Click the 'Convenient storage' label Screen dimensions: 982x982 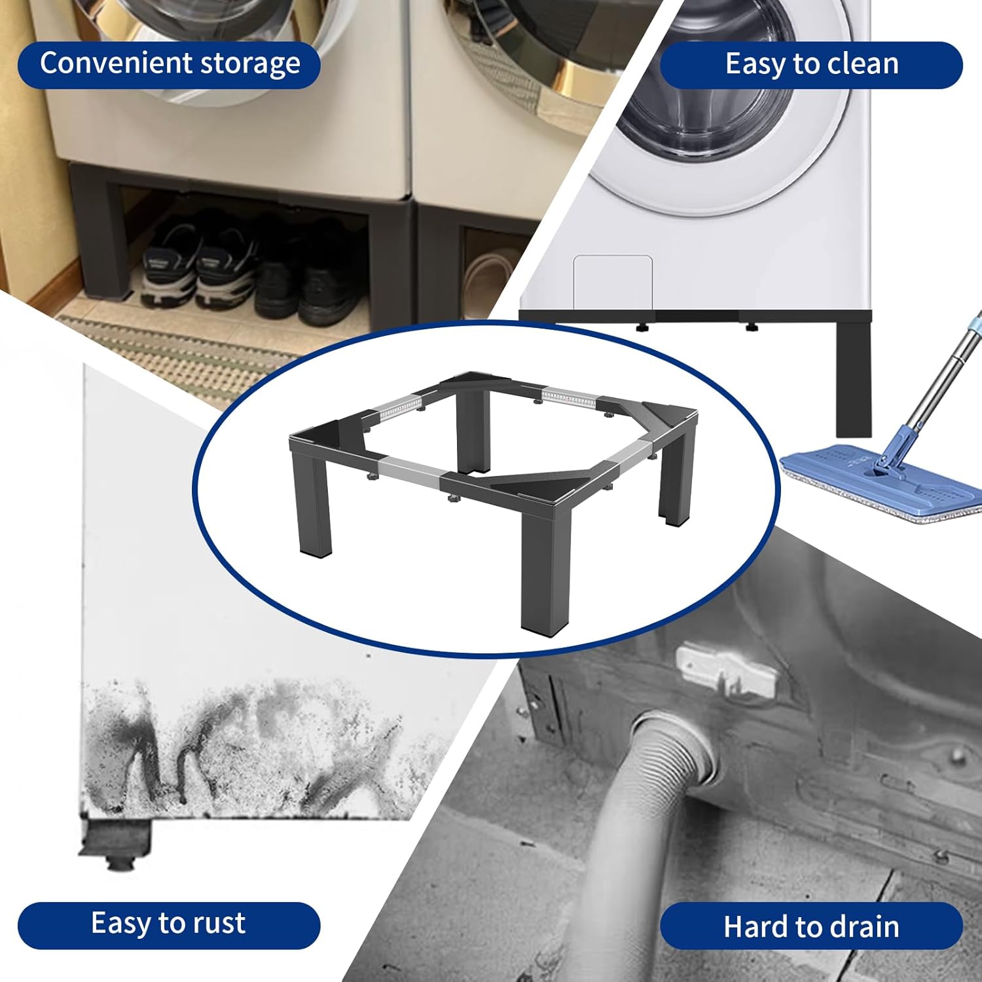pyautogui.click(x=169, y=64)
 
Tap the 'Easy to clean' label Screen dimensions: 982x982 pyautogui.click(x=811, y=64)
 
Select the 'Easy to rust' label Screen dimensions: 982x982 pyautogui.click(x=168, y=924)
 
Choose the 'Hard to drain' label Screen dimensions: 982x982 pyautogui.click(x=811, y=926)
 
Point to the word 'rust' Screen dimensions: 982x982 pyautogui.click(x=219, y=924)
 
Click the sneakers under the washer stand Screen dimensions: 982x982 pyautogui.click(x=196, y=268)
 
